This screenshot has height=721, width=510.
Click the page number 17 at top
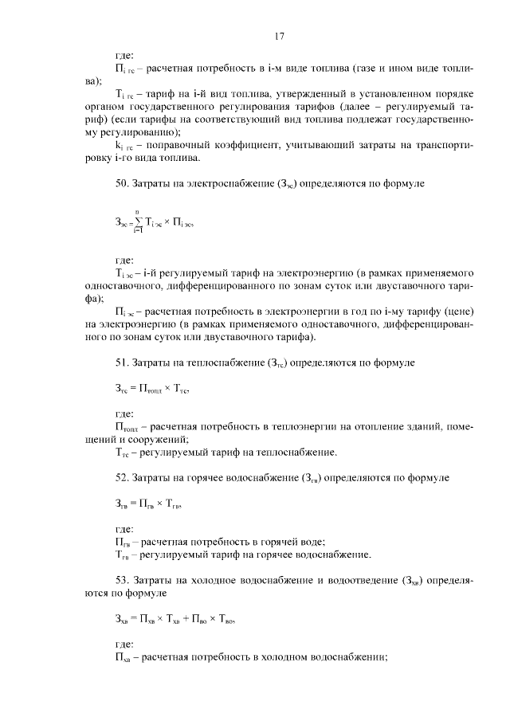[279, 35]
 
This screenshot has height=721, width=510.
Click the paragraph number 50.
[122, 184]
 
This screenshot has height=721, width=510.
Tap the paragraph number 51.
[122, 363]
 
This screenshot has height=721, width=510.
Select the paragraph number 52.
[122, 477]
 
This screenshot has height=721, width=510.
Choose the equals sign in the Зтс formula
[134, 390]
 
